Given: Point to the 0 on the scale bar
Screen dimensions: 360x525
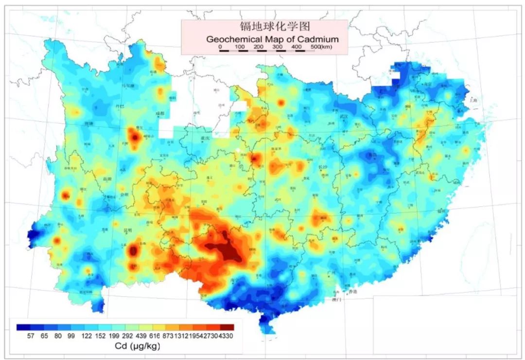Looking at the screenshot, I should pyautogui.click(x=220, y=47).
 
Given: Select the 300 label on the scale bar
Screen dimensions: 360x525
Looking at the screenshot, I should pyautogui.click(x=278, y=47).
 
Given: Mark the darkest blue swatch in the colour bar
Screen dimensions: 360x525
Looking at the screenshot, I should pyautogui.click(x=22, y=327).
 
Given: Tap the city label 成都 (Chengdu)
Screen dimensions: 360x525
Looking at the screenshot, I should pyautogui.click(x=160, y=113).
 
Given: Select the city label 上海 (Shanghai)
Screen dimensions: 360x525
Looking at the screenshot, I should pyautogui.click(x=473, y=100).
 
